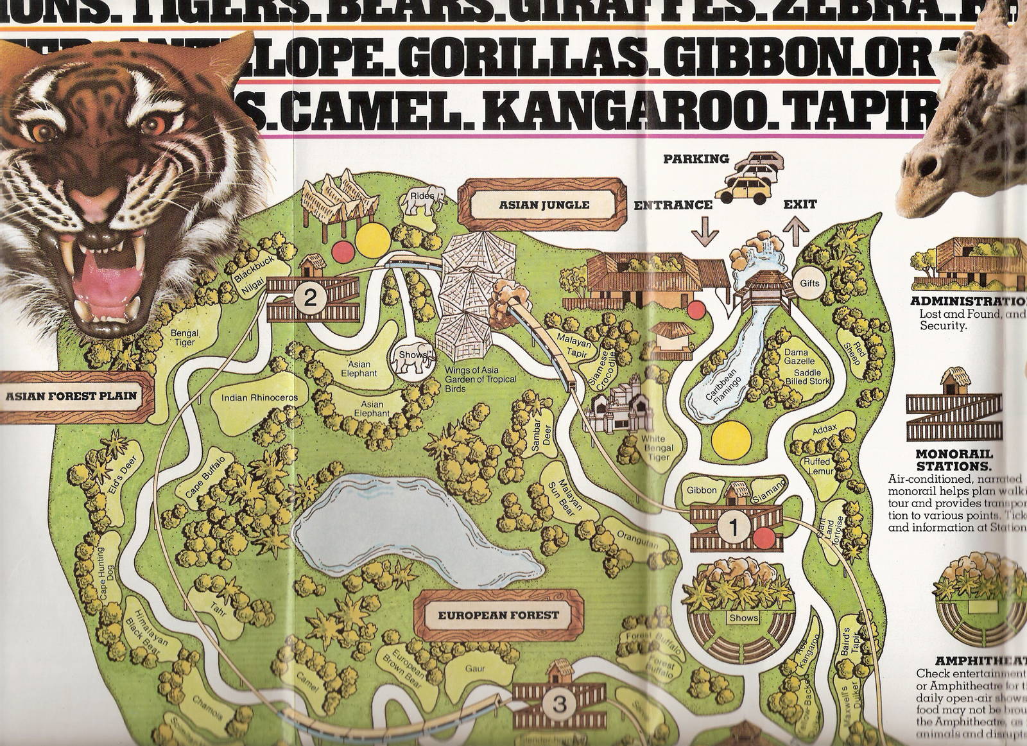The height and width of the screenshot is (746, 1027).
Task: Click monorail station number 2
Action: tap(310, 297)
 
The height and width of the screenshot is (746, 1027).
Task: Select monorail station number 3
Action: tap(558, 705)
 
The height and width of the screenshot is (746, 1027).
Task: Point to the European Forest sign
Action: tap(498, 614)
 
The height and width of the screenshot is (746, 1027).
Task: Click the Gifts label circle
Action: tap(809, 283)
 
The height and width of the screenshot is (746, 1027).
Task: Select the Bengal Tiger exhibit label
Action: tap(184, 338)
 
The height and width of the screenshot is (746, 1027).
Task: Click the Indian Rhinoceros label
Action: tap(259, 397)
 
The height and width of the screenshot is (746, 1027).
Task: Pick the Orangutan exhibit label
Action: tap(637, 541)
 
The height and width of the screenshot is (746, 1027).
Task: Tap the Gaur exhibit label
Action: tap(474, 669)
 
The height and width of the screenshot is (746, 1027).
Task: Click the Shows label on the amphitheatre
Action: tap(743, 618)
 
